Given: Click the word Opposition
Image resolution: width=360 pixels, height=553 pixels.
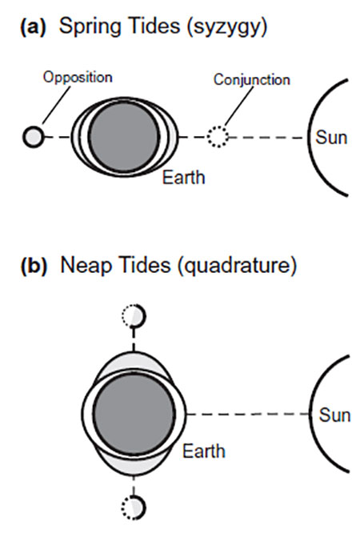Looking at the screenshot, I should [77, 78].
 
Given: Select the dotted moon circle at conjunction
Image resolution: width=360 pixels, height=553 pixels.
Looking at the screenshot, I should [217, 138].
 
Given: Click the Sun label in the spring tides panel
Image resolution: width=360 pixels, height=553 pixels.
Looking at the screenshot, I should [331, 138].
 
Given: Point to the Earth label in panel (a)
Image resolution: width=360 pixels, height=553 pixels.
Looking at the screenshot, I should [183, 177].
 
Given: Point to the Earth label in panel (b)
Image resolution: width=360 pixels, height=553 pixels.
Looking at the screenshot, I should [203, 451].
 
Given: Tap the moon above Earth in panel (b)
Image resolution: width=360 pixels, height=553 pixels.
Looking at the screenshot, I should [134, 317].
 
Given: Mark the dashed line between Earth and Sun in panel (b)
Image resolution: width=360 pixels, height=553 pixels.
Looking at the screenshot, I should [248, 415].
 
